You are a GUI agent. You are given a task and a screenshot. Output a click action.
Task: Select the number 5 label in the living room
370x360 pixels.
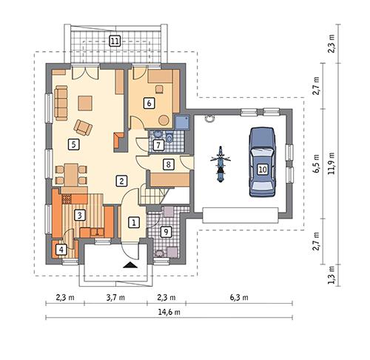click(72, 144)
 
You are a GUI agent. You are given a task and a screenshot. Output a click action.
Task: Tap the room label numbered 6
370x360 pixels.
click(149, 103)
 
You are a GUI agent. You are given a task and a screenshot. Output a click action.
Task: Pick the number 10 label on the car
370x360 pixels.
click(262, 169)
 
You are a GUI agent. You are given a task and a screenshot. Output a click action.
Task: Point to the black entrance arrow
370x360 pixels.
click(130, 263)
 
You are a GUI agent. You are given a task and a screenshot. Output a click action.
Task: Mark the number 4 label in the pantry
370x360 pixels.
click(61, 250)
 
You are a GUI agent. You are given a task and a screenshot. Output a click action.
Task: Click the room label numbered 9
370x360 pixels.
click(166, 231)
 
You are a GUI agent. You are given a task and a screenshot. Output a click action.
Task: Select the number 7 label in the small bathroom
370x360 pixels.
click(158, 144)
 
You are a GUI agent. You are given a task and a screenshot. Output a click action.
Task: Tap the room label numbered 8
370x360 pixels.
click(168, 164)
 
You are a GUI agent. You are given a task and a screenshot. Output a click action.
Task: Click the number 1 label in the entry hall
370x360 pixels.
click(134, 221)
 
